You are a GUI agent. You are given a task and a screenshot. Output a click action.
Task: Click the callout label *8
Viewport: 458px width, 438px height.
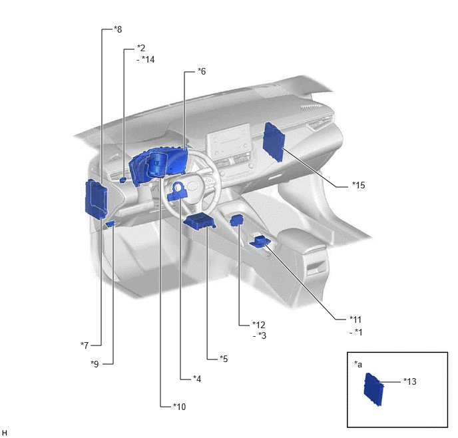click(x=118, y=29)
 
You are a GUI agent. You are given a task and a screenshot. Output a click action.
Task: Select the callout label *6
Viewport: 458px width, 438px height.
click(x=202, y=71)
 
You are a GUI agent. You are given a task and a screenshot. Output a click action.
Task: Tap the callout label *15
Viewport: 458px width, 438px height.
click(x=359, y=185)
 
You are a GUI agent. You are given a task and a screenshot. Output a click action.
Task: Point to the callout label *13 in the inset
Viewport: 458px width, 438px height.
click(x=410, y=381)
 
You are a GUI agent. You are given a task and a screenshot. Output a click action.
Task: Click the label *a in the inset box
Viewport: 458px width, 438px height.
click(x=358, y=364)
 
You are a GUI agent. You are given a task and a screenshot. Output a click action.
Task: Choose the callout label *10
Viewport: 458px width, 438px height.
click(x=179, y=407)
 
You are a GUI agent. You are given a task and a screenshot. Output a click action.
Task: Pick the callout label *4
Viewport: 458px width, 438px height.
click(x=197, y=379)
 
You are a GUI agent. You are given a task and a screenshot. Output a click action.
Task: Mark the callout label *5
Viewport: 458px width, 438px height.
click(x=224, y=359)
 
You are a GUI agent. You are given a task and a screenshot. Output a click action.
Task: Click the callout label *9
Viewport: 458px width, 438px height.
click(x=95, y=364)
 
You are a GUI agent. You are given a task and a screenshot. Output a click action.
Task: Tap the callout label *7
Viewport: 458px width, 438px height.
click(x=85, y=345)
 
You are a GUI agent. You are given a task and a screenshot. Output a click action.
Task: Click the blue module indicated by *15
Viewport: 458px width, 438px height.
click(x=274, y=142)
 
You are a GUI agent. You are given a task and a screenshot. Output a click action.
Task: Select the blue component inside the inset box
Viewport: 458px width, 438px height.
click(x=373, y=389)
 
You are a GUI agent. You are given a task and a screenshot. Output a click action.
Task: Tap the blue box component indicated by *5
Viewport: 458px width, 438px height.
click(x=200, y=222)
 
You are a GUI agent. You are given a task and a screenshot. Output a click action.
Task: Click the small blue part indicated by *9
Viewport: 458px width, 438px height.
click(x=111, y=224)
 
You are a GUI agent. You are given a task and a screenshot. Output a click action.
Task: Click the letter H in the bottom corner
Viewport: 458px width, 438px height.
click(x=4, y=433)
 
